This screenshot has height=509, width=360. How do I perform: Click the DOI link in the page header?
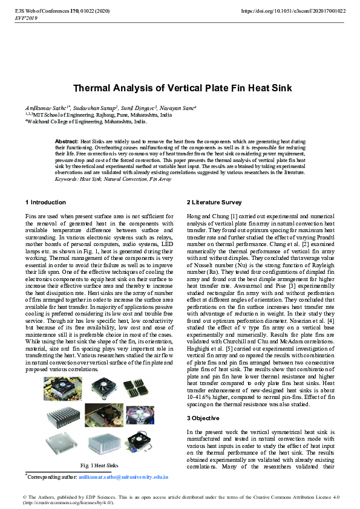[x=293, y=11]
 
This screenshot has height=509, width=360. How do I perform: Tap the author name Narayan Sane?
[x=181, y=107]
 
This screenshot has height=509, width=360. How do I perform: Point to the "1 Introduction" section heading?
[x=45, y=201]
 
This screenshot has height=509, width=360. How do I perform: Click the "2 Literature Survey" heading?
[x=214, y=201]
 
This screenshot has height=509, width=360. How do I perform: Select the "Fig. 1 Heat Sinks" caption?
[x=99, y=465]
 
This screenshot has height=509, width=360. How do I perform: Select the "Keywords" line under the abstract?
[x=113, y=180]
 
